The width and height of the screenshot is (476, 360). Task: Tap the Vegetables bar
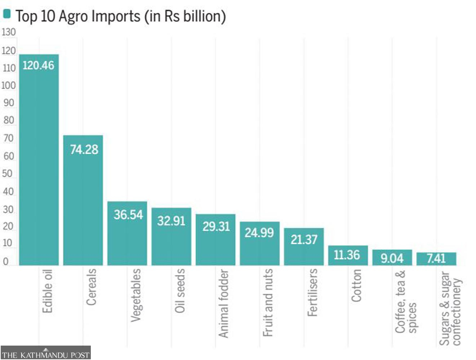pos(127,234)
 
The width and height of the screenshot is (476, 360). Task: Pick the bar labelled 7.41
pos(436,259)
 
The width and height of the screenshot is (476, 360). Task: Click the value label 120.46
pos(38,66)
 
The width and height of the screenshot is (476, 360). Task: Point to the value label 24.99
pos(259,233)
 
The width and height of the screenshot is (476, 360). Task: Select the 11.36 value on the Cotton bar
pos(347,255)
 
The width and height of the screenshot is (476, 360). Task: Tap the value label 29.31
pos(216,226)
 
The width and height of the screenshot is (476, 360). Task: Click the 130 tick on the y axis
pos(9,32)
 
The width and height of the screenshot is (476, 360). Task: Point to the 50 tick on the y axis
pos(8,174)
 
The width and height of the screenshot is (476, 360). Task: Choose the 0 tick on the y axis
pos(6,261)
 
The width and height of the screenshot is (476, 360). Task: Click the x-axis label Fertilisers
pos(312,292)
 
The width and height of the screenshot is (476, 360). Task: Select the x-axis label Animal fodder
pos(224,303)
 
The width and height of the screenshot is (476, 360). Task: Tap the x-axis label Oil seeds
pos(179,291)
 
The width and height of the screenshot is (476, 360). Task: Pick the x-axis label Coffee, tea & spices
pos(406,302)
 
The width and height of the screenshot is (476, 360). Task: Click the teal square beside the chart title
pos(7,14)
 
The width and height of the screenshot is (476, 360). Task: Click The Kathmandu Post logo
pos(45,353)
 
